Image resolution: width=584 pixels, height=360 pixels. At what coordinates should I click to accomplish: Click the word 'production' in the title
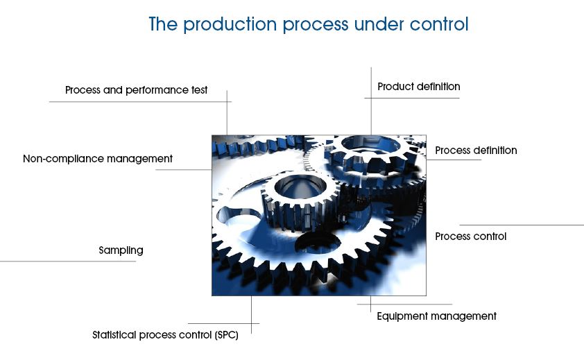(229, 25)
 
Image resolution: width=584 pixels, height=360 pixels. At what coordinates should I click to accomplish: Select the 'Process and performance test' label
(137, 90)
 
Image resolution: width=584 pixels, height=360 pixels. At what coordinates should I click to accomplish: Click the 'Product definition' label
(419, 87)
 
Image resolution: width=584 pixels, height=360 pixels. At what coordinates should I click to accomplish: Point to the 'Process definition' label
(476, 151)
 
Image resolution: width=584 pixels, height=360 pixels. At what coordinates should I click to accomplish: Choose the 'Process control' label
(471, 237)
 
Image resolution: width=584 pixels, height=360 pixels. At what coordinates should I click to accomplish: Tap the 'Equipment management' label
(436, 316)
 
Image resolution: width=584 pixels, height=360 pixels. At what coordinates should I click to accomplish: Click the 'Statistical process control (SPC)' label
(165, 335)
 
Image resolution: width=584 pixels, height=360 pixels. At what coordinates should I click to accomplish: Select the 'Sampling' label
(121, 250)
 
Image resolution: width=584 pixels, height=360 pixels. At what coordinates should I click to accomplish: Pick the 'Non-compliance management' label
(98, 159)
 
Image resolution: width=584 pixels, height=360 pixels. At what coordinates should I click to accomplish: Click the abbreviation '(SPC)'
(226, 335)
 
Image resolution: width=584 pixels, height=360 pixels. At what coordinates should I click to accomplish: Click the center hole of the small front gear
(299, 187)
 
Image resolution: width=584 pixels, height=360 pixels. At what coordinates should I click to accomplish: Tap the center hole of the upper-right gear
(370, 144)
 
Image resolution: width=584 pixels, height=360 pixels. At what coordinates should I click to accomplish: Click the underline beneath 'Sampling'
(68, 262)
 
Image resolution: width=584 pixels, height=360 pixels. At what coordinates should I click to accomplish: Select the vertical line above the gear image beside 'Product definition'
(371, 101)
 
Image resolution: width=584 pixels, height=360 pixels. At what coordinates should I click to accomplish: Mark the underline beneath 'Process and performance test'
(140, 102)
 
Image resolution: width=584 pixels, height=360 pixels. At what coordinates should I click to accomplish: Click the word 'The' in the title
(163, 24)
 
